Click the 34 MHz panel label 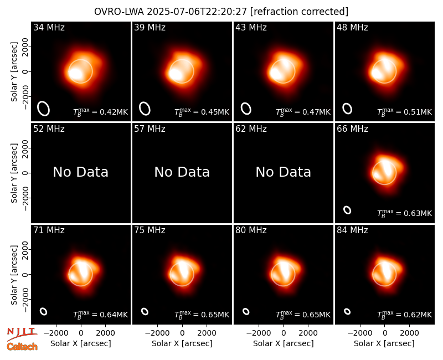pyautogui.click(x=49, y=27)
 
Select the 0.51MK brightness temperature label pyautogui.click(x=405, y=112)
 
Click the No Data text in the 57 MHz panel pyautogui.click(x=182, y=172)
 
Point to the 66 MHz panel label pyautogui.click(x=352, y=129)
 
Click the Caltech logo pyautogui.click(x=22, y=347)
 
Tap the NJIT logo pyautogui.click(x=22, y=333)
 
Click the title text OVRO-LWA pyautogui.click(x=119, y=12)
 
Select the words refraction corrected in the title pyautogui.click(x=299, y=12)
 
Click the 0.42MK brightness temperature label pyautogui.click(x=101, y=112)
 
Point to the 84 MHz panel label pyautogui.click(x=352, y=230)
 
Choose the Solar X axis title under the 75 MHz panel pyautogui.click(x=182, y=343)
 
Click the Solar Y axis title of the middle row pyautogui.click(x=14, y=173)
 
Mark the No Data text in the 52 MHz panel pyautogui.click(x=80, y=172)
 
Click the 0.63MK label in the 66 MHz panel pyautogui.click(x=405, y=213)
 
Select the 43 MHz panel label pyautogui.click(x=251, y=27)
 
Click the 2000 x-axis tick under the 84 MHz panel pyautogui.click(x=409, y=333)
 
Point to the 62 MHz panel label pyautogui.click(x=251, y=129)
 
